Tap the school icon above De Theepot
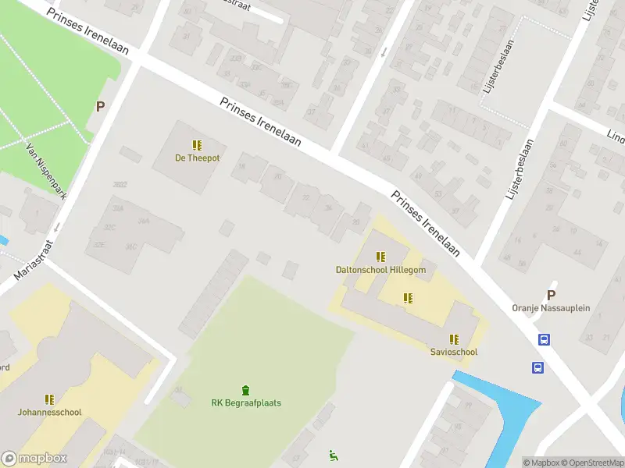point(197,145)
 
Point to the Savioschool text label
point(454,352)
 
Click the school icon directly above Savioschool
point(454,339)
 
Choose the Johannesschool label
point(50,412)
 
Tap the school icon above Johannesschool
point(50,399)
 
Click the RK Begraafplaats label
point(246,403)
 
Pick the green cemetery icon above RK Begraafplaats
point(246,390)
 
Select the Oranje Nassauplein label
point(551,308)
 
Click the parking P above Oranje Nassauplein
point(551,295)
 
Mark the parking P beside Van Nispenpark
point(100,107)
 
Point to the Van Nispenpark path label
point(45,170)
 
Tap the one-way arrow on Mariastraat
point(57,228)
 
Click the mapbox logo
point(34,459)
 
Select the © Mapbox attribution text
point(541,463)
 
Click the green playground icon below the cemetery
point(334,456)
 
